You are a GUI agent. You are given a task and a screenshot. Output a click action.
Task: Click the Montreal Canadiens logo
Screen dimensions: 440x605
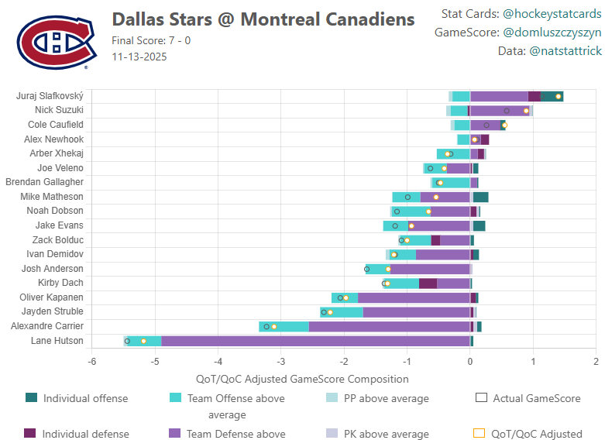click(x=52, y=42)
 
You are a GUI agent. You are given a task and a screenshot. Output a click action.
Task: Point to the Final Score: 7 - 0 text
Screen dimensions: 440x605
click(x=151, y=41)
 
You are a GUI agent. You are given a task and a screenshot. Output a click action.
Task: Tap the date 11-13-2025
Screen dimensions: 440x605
click(x=139, y=57)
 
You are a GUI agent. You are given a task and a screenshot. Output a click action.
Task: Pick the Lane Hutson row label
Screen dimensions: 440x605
click(x=57, y=341)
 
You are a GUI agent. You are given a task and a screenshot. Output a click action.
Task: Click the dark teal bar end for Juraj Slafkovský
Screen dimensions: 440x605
click(x=552, y=96)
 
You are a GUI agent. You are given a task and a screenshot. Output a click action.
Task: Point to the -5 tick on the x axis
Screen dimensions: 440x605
click(x=155, y=362)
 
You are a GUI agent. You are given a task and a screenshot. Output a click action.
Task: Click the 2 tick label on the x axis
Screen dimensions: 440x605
click(x=596, y=362)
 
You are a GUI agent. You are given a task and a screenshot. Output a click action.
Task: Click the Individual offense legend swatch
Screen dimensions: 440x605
click(x=31, y=398)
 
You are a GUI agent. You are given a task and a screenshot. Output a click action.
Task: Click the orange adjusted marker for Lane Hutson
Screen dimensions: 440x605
click(x=143, y=341)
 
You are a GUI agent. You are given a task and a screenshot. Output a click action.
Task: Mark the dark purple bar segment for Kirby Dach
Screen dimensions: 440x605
click(x=428, y=284)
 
